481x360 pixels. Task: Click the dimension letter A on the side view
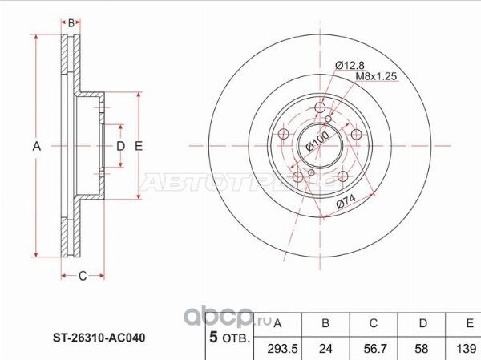point(35,146)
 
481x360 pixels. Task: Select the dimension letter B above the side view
point(71,23)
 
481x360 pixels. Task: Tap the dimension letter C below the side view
point(82,277)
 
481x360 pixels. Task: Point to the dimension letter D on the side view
point(121,146)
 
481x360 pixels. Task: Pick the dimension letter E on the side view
point(139,146)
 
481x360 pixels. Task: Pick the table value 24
point(325,349)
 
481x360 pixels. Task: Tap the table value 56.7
point(373,349)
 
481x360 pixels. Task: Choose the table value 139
point(465,349)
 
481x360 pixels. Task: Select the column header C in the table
point(373,324)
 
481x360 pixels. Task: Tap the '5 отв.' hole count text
point(230,338)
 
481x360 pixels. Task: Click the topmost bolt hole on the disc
point(320,109)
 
